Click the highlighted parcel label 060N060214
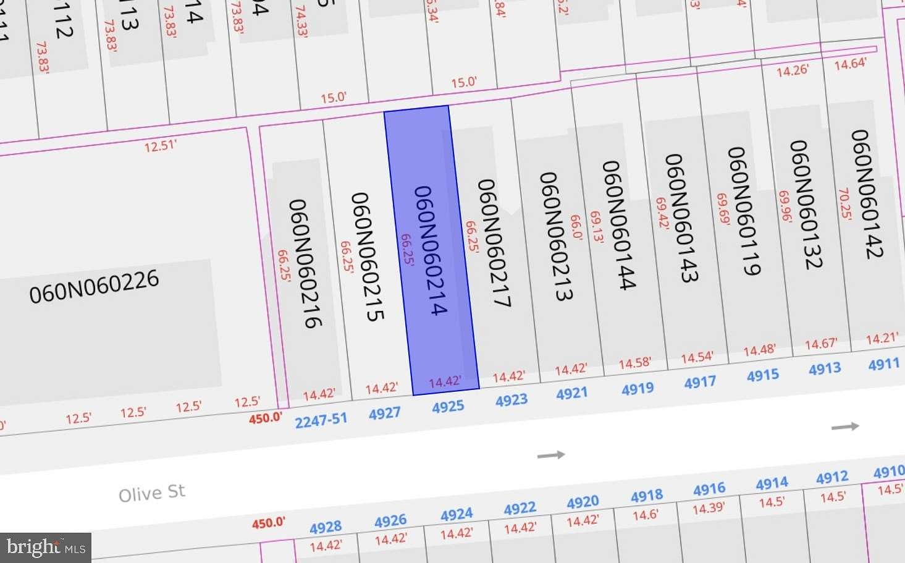click(430, 251)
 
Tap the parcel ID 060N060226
click(94, 286)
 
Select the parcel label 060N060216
click(305, 263)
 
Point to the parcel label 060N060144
click(618, 225)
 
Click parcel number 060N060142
click(867, 193)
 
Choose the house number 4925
click(448, 407)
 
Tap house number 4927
click(385, 413)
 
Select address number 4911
click(884, 364)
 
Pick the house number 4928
click(326, 527)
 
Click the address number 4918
click(647, 496)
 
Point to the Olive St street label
click(152, 493)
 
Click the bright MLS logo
click(46, 547)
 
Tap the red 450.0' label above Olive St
click(266, 418)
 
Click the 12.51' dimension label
click(161, 146)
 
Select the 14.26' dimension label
click(792, 70)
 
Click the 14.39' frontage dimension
click(708, 509)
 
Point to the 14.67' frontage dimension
click(821, 344)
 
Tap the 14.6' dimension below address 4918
click(646, 514)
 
